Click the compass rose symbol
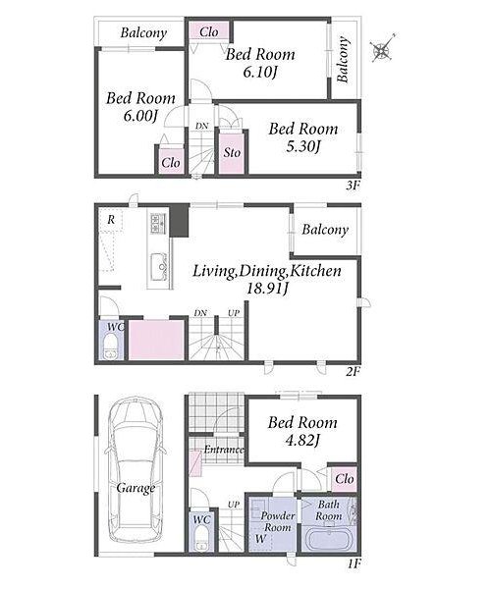[383, 49]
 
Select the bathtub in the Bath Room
[328, 540]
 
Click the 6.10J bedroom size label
[260, 72]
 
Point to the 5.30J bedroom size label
[303, 146]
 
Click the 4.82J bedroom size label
[302, 440]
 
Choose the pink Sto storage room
[232, 152]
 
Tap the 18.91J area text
[267, 289]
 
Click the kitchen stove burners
[158, 223]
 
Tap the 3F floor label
[353, 186]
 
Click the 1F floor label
[354, 563]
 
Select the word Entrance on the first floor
[223, 450]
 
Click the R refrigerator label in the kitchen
[111, 219]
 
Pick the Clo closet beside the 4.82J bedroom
[344, 479]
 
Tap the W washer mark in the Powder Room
[260, 539]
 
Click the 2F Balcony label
[325, 230]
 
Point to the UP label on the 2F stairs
[234, 313]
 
